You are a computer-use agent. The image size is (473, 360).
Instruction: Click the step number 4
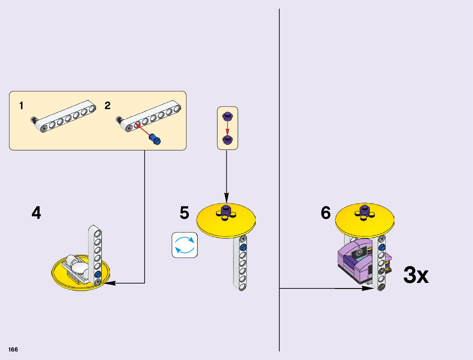pyautogui.click(x=36, y=213)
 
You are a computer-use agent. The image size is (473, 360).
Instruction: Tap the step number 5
pyautogui.click(x=184, y=213)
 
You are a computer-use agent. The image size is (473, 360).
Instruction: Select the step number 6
pyautogui.click(x=326, y=213)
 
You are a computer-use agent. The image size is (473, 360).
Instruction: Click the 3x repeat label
pyautogui.click(x=416, y=275)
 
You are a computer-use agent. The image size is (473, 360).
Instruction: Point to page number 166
pyautogui.click(x=13, y=350)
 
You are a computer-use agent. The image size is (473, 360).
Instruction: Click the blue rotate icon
pyautogui.click(x=185, y=245)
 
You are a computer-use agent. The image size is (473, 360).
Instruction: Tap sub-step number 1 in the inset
pyautogui.click(x=21, y=106)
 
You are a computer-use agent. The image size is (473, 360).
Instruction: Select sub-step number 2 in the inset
pyautogui.click(x=107, y=106)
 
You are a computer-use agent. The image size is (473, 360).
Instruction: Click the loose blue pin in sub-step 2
pyautogui.click(x=155, y=140)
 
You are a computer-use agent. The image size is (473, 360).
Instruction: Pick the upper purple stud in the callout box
pyautogui.click(x=227, y=116)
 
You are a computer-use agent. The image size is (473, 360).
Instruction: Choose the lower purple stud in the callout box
pyautogui.click(x=227, y=139)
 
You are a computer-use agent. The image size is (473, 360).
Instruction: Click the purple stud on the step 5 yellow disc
pyautogui.click(x=226, y=209)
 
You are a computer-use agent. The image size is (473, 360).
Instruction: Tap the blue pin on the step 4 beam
pyautogui.click(x=98, y=274)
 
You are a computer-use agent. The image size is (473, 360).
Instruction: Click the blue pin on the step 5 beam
pyautogui.click(x=242, y=248)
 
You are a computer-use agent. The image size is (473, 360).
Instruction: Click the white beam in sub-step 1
pyautogui.click(x=66, y=117)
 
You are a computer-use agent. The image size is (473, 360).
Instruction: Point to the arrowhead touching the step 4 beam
pyautogui.click(x=109, y=283)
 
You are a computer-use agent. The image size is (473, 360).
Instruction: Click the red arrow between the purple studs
pyautogui.click(x=227, y=128)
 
